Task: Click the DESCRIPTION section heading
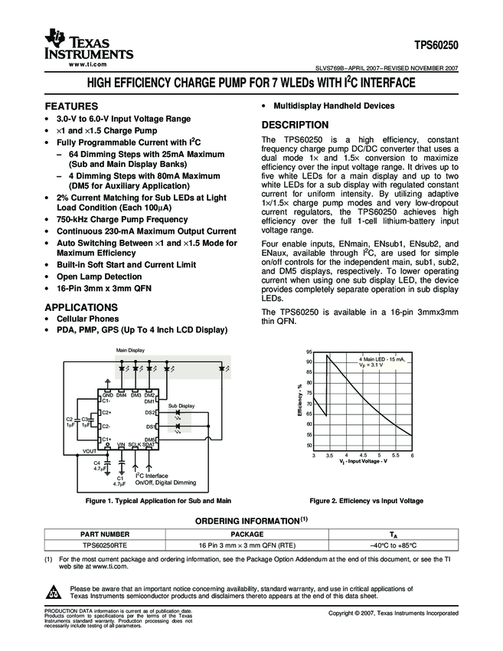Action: click(x=296, y=125)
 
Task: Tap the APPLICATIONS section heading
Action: click(x=82, y=306)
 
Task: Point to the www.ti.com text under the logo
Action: click(x=87, y=66)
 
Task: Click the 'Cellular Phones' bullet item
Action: click(x=87, y=319)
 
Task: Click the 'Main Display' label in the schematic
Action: click(x=130, y=350)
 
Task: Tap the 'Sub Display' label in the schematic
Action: click(x=181, y=405)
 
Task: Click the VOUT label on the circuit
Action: click(x=90, y=452)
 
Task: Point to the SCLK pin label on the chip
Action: click(x=134, y=445)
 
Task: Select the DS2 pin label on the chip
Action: click(x=150, y=412)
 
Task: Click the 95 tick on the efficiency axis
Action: click(x=309, y=351)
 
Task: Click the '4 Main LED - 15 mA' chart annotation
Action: click(x=383, y=359)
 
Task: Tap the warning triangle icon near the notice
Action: click(x=54, y=592)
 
